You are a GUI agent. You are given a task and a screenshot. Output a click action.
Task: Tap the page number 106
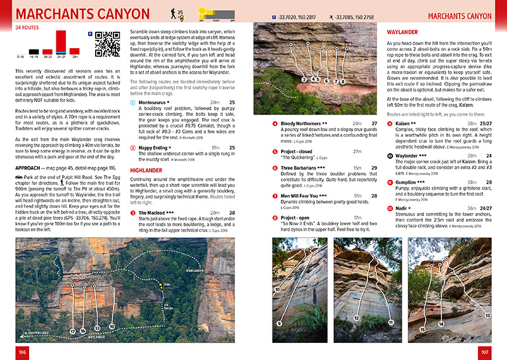tap(22, 352)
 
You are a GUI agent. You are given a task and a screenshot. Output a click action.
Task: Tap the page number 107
tap(485, 352)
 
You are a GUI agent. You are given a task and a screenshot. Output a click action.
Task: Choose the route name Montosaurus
tap(156, 102)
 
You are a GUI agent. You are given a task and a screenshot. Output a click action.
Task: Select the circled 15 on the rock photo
tap(422, 330)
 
